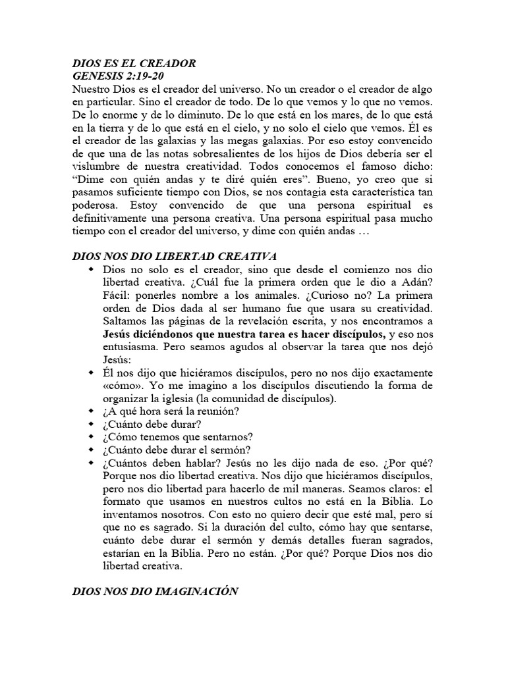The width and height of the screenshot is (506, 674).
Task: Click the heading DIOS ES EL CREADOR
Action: [134, 64]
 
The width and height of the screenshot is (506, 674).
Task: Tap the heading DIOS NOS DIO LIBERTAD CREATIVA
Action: [173, 255]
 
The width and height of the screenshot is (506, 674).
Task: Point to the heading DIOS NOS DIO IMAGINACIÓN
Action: [154, 592]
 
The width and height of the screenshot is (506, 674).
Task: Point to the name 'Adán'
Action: [416, 283]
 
